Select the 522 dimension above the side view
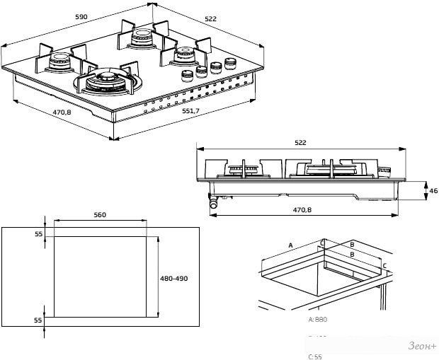pos(300,143)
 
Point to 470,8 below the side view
pos(303,209)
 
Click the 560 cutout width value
pos(99,214)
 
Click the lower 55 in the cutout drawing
pos(39,320)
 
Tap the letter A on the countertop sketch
pos(290,245)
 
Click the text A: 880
pos(319,320)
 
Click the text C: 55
pos(315,356)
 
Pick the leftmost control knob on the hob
pos(188,74)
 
